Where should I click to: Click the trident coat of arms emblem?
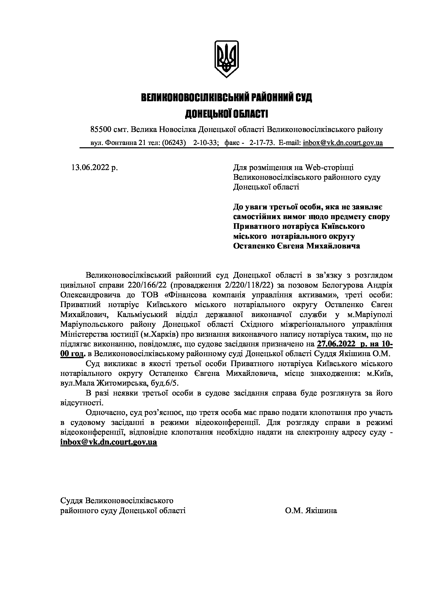[x=226, y=59]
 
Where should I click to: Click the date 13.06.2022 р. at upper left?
[x=95, y=167]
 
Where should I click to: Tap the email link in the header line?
[x=343, y=143]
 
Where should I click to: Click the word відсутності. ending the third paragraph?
[x=82, y=403]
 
